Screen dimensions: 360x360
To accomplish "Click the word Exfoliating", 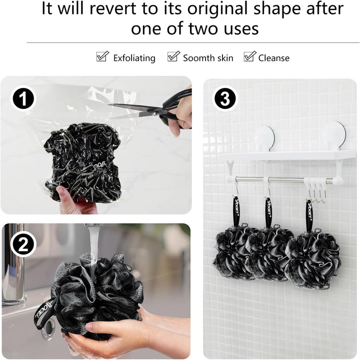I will pyautogui.click(x=134, y=58).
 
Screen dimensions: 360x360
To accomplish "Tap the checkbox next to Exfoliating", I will pyautogui.click(x=102, y=56).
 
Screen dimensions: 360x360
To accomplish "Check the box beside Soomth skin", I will pyautogui.click(x=173, y=56).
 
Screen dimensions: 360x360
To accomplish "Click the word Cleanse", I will pyautogui.click(x=273, y=58).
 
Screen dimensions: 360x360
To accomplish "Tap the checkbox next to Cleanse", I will pyautogui.click(x=249, y=56).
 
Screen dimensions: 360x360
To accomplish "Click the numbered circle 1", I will pyautogui.click(x=23, y=98).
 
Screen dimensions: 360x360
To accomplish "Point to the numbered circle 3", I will pyautogui.click(x=225, y=98).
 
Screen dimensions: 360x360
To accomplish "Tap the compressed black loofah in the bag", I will pyautogui.click(x=82, y=160).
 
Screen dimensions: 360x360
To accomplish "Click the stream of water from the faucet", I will pyautogui.click(x=93, y=250).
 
